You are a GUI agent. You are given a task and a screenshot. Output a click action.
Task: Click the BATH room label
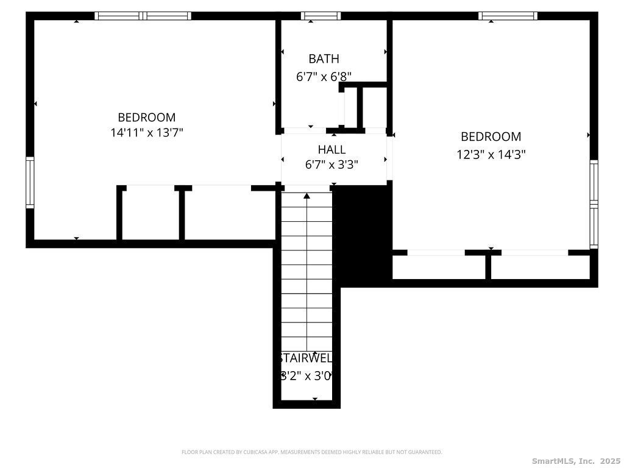(x=324, y=59)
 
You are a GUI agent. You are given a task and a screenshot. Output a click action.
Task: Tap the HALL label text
(x=331, y=149)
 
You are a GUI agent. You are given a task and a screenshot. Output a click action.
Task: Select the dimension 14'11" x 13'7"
(x=147, y=132)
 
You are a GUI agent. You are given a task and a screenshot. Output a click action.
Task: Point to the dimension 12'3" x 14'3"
(x=491, y=155)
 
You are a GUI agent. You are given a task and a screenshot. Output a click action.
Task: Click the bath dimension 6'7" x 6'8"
(x=324, y=77)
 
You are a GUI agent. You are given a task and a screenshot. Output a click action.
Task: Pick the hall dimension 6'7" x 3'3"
(x=331, y=165)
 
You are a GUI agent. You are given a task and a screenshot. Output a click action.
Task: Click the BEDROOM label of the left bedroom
(x=147, y=117)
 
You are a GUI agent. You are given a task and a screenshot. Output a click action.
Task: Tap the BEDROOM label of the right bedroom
(x=491, y=136)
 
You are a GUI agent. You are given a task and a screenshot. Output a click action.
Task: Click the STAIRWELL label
(x=306, y=358)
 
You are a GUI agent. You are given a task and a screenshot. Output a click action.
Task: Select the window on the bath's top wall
(x=321, y=16)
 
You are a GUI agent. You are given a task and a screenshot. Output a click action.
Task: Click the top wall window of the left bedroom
(x=143, y=16)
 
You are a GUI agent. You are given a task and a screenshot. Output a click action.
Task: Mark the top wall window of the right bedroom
(x=508, y=16)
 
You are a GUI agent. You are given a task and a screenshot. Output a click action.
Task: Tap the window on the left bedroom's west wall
(x=30, y=182)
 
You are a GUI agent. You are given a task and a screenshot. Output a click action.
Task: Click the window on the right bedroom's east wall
(x=594, y=204)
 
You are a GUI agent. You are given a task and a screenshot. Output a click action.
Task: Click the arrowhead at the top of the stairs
(x=307, y=196)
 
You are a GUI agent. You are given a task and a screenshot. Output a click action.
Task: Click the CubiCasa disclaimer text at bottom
(x=311, y=452)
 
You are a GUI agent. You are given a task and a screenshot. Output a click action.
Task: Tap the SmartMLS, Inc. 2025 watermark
(x=576, y=461)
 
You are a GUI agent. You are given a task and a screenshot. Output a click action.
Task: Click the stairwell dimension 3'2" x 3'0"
(x=306, y=376)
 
